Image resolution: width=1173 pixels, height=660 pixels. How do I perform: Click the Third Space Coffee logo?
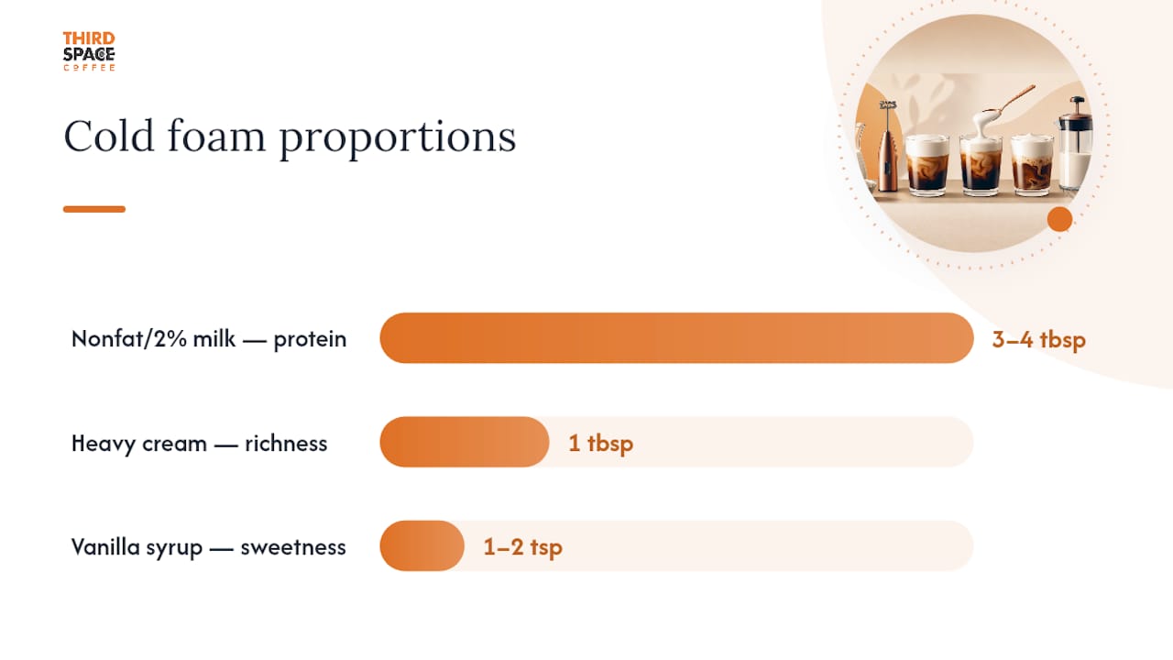pos(89,51)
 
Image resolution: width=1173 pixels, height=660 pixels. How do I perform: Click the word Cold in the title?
pos(109,137)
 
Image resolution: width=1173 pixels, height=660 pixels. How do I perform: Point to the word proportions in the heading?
pos(398,138)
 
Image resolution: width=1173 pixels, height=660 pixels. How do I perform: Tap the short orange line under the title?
pos(94,209)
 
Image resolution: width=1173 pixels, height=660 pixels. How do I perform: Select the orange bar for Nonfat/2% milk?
pos(676,338)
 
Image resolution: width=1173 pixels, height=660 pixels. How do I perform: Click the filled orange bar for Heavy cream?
pos(465,442)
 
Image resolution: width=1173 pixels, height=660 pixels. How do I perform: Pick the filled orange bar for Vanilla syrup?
pos(422,545)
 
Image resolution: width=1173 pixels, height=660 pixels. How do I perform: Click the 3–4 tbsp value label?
pos(1039,339)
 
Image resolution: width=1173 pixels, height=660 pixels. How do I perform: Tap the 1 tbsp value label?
pos(600,443)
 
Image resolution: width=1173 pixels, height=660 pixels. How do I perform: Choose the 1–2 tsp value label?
pos(523,547)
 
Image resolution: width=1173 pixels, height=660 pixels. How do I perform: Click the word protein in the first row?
pos(310,340)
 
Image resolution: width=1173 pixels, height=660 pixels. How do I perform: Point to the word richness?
pos(286,444)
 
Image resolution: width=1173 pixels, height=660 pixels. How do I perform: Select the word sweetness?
pos(293,547)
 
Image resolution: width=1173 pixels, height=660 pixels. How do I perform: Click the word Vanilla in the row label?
pos(105,547)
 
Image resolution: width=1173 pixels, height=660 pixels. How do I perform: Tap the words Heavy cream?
pos(139,445)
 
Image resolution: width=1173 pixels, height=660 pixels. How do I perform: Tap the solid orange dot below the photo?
pos(1060,219)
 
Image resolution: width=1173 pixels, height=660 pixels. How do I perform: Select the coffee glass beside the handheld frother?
pos(927,165)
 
